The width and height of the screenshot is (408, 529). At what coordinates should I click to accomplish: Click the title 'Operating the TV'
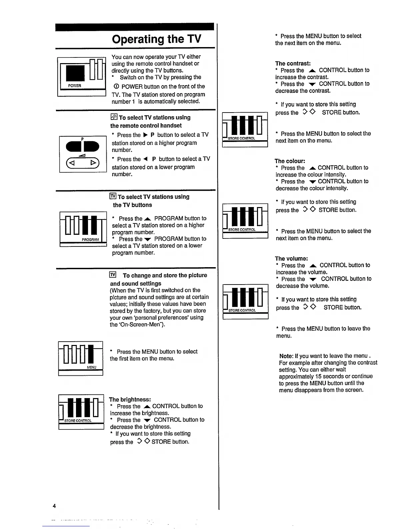tap(157, 39)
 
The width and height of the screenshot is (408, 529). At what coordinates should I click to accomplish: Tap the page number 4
tap(54, 506)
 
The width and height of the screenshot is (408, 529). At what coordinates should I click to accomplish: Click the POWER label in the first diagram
tap(74, 86)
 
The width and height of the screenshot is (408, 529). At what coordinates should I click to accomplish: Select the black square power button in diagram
tap(75, 73)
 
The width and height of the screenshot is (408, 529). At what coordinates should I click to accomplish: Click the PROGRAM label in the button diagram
tap(90, 239)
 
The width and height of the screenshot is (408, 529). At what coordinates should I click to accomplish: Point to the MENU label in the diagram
tap(91, 367)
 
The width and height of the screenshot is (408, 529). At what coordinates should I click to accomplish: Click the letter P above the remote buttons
tap(82, 139)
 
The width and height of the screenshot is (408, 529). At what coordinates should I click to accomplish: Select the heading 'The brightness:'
tap(130, 399)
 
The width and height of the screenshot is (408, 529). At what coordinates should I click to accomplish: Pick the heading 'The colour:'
tap(290, 161)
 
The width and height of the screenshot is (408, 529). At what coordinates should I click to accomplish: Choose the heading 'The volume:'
tap(291, 258)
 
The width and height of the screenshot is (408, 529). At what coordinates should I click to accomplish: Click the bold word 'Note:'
tap(286, 356)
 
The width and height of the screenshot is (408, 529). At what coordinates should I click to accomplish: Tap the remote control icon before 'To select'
tap(114, 117)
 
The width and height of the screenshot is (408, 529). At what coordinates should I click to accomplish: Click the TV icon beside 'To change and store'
tap(113, 275)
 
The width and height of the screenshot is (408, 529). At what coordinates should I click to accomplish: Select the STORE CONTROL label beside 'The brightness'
tap(78, 421)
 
